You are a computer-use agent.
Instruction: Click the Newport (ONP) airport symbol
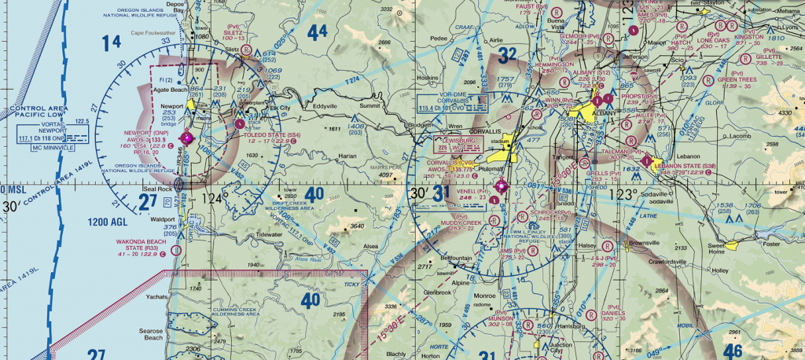(x=186, y=138)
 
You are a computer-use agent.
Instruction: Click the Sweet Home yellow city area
(x=732, y=245)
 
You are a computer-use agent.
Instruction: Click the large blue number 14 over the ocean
(x=112, y=42)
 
